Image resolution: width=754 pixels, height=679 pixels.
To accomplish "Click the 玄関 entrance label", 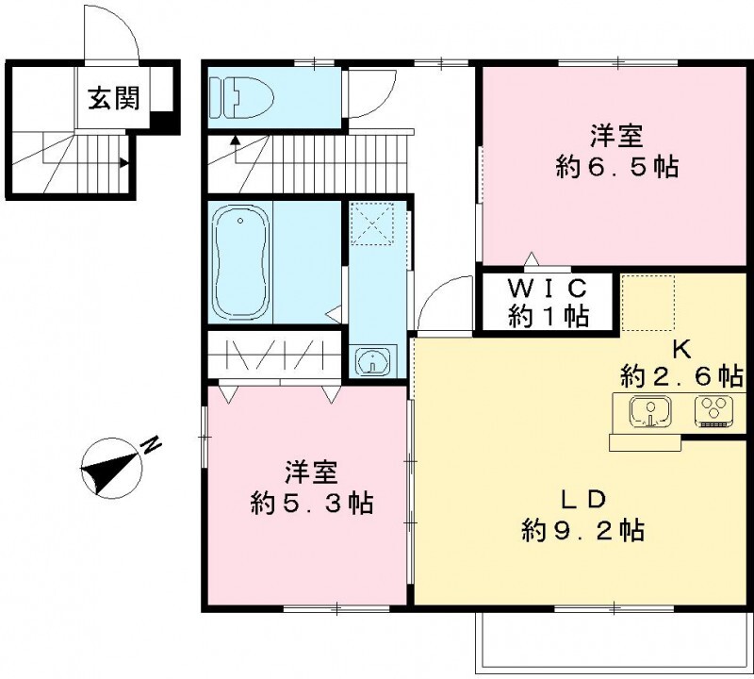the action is pyautogui.click(x=113, y=98).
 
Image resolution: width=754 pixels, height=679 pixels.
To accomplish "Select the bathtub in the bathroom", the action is pyautogui.click(x=240, y=262).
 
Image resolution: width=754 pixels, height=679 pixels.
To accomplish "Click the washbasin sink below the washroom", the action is pyautogui.click(x=372, y=359).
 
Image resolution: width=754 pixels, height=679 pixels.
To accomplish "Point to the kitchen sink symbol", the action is pyautogui.click(x=650, y=411).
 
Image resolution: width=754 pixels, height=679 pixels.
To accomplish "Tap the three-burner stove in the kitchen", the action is pyautogui.click(x=713, y=411).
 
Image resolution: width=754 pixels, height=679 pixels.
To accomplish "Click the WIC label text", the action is pyautogui.click(x=548, y=289).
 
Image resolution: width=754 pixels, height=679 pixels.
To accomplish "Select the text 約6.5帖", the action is pyautogui.click(x=617, y=168).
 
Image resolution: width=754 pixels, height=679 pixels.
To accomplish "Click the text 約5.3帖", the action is pyautogui.click(x=312, y=504).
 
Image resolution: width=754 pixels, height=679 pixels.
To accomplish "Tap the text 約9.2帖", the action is pyautogui.click(x=583, y=530).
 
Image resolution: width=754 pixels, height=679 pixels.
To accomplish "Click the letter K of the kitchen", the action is pyautogui.click(x=681, y=349).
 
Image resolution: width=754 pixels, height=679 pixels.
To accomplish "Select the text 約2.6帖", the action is pyautogui.click(x=681, y=376).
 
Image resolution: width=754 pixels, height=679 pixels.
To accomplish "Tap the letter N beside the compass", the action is pyautogui.click(x=152, y=445).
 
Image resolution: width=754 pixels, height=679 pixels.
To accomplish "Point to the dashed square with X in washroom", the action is pyautogui.click(x=371, y=224).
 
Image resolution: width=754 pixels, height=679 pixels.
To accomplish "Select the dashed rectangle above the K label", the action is pyautogui.click(x=647, y=303).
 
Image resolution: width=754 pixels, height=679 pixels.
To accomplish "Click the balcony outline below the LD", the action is pyautogui.click(x=615, y=671).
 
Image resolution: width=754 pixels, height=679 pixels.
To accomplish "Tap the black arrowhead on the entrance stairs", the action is pyautogui.click(x=124, y=162).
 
